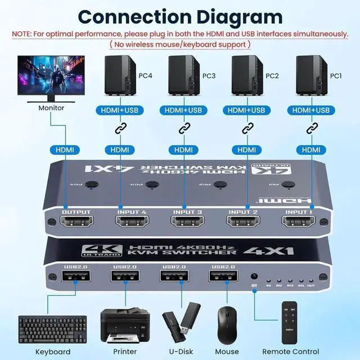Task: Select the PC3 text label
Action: click(x=209, y=75)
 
